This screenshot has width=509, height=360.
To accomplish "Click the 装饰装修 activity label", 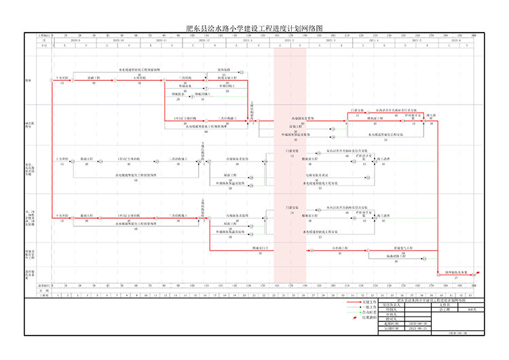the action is pyautogui.click(x=225, y=70).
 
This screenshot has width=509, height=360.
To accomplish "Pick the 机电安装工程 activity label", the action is pyautogui.click(x=227, y=77).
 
